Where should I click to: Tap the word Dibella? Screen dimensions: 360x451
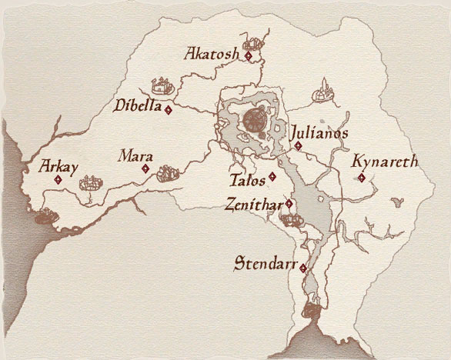pos(136,105)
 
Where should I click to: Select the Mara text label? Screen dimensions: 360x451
pos(134,156)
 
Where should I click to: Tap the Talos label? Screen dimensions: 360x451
pos(247,182)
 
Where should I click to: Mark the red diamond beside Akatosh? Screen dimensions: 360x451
pos(249,56)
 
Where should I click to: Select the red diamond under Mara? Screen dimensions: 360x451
pos(145,168)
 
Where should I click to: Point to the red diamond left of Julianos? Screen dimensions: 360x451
pos(298,145)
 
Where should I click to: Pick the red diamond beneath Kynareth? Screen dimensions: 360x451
pos(362,178)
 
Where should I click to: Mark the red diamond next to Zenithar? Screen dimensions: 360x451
pos(289,204)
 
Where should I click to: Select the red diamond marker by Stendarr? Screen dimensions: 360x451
pos(303,268)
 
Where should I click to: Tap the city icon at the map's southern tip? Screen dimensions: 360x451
pos(311,312)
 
